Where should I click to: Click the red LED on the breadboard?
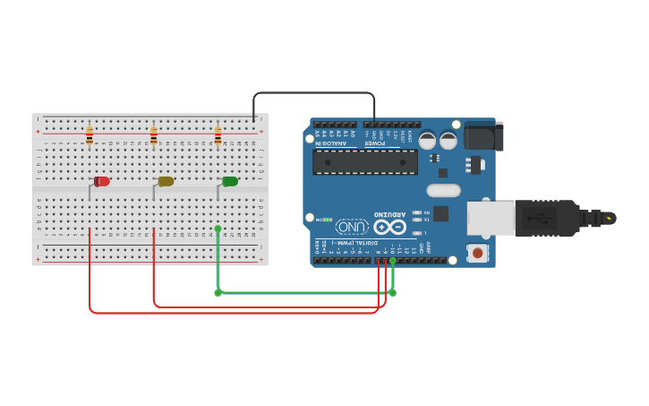(x=102, y=182)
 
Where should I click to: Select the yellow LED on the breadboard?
(x=166, y=182)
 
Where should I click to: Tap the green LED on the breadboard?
(x=230, y=182)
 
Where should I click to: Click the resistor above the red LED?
(x=90, y=136)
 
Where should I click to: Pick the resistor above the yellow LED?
(x=154, y=136)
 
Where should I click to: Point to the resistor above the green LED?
(x=218, y=136)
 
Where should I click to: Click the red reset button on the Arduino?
(x=478, y=254)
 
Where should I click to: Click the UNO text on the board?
(x=352, y=227)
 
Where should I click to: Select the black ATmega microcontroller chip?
(x=364, y=161)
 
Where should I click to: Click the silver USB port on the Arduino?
(x=491, y=218)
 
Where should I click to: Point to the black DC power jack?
(x=483, y=136)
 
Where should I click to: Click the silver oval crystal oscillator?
(x=443, y=190)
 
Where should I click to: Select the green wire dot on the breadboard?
(x=218, y=229)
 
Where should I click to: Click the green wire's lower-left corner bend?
(x=218, y=292)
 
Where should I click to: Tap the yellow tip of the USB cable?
(x=610, y=218)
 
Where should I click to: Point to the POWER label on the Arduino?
(x=375, y=143)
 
